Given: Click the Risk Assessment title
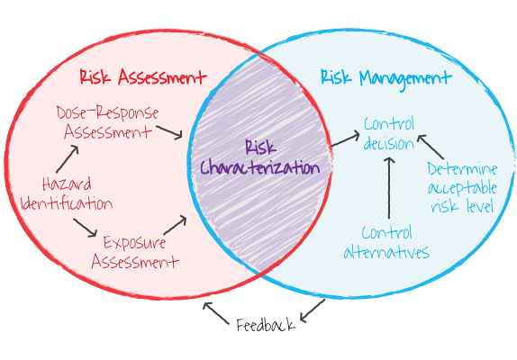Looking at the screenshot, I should click(x=143, y=77).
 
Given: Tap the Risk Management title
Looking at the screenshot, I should click(x=385, y=77).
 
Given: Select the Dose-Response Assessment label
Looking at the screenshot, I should click(x=107, y=122).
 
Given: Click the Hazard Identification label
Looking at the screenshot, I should click(x=66, y=193).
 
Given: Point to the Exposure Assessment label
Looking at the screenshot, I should click(x=134, y=252).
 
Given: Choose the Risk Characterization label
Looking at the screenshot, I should click(x=259, y=157).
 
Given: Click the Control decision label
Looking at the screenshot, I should click(x=389, y=133).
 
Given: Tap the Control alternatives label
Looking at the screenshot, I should click(x=386, y=242).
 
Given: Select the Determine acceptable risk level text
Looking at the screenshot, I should click(x=461, y=187).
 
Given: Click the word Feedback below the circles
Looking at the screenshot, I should click(x=266, y=325).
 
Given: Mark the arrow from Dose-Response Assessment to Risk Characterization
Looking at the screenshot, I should click(x=168, y=132).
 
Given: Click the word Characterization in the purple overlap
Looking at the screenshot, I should click(x=259, y=167).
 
